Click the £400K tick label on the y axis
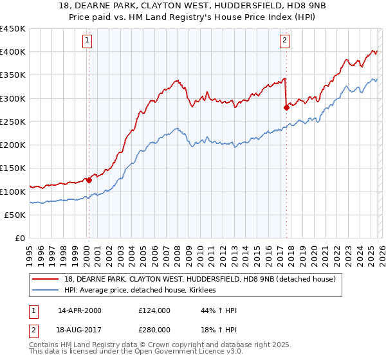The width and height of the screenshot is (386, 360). [13, 52]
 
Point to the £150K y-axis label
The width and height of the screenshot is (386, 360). [13, 168]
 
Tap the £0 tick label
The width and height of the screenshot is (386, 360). [20, 239]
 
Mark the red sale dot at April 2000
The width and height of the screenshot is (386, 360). [89, 181]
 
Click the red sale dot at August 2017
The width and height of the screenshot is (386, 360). [286, 108]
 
